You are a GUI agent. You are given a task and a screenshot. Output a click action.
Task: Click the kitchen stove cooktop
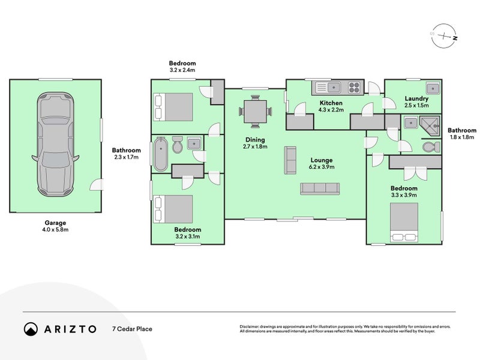[354, 89]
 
